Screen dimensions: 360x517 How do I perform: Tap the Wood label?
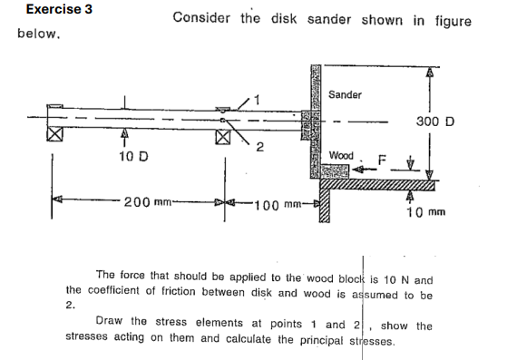coord(343,156)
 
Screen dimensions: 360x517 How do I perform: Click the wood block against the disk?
coord(337,170)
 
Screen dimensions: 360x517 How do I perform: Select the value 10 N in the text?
coord(401,280)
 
